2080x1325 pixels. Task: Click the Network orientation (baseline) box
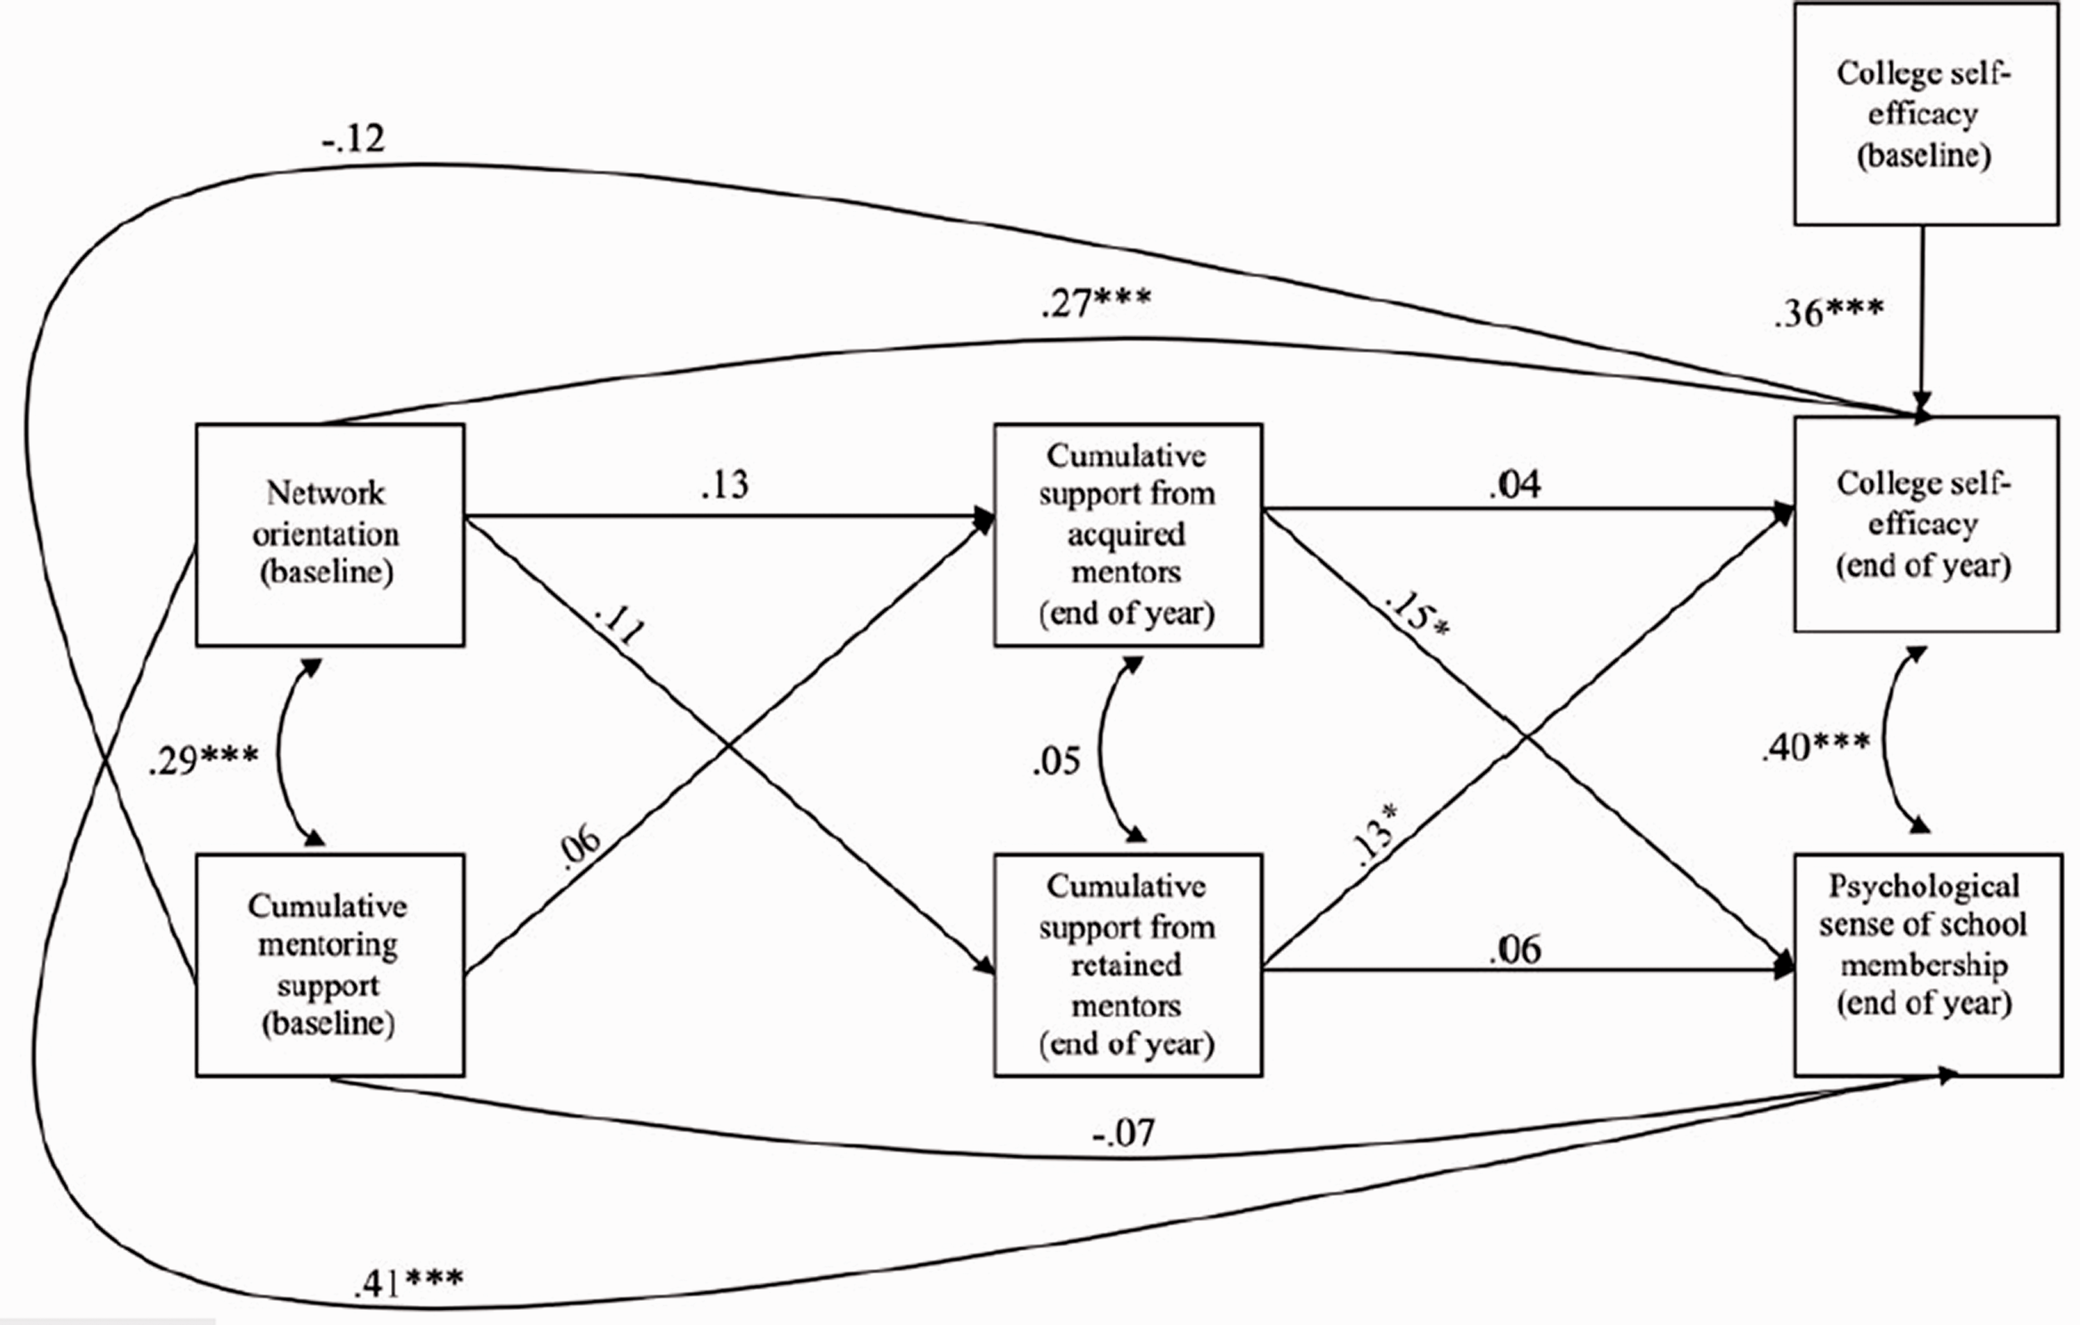tap(330, 535)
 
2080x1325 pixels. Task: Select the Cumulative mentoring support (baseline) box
tap(330, 965)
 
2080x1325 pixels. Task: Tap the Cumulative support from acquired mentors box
tap(1127, 535)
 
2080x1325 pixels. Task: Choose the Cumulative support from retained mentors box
tap(1127, 965)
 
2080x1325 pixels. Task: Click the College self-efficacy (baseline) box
tap(1926, 114)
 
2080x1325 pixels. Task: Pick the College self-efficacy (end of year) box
tap(1926, 524)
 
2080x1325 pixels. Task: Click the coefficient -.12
tap(354, 138)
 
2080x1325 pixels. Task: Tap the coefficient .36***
tap(1829, 313)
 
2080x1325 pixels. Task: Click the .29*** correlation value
tap(203, 760)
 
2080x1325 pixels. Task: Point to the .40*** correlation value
tap(1815, 746)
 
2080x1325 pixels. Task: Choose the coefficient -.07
tap(1122, 1132)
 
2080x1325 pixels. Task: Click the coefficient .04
tap(1514, 485)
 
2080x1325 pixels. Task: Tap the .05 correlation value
tap(1056, 761)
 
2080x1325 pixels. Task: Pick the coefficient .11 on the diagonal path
tap(619, 625)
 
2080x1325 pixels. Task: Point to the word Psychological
tap(1924, 886)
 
